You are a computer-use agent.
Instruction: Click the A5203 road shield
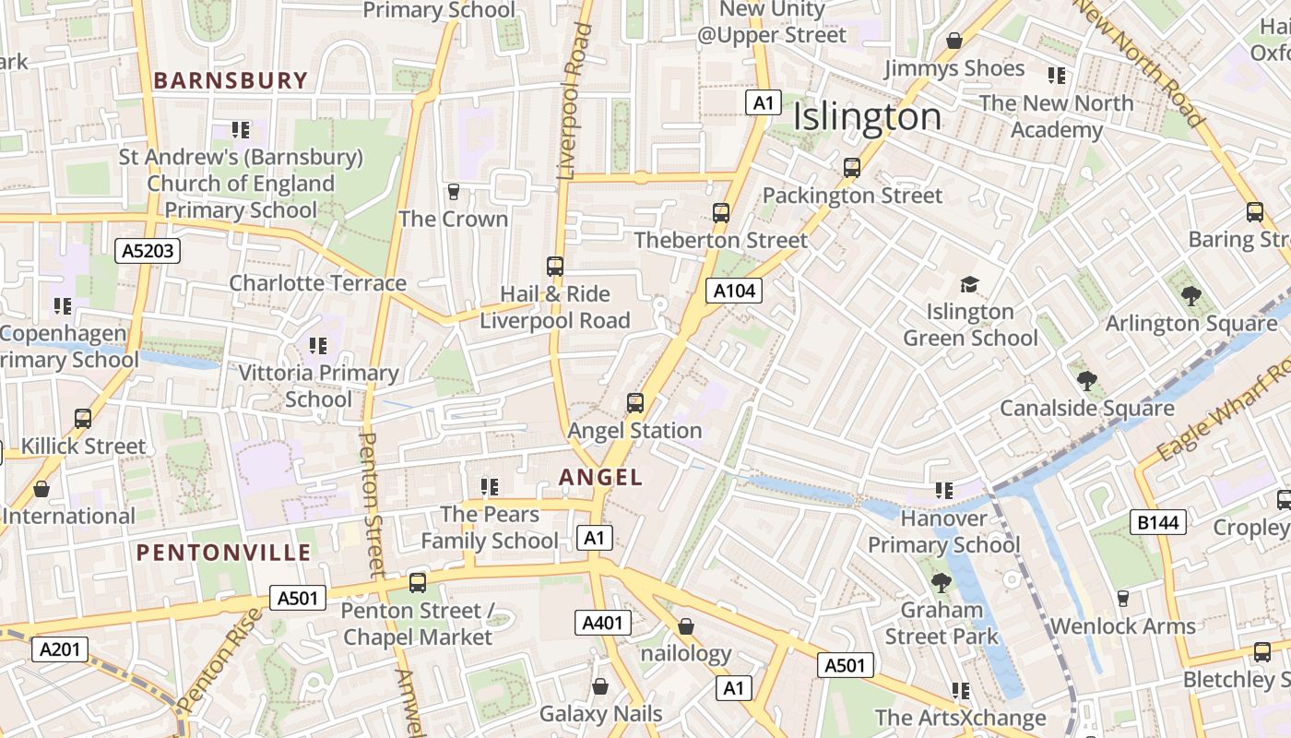[x=148, y=250]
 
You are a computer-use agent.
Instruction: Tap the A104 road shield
[x=735, y=292]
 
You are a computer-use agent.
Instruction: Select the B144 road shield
[x=1158, y=523]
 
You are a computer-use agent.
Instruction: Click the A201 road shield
[x=60, y=649]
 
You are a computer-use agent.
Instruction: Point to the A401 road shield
[x=603, y=623]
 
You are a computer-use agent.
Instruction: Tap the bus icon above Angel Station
[x=635, y=403]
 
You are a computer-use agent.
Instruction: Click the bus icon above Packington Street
[x=852, y=168]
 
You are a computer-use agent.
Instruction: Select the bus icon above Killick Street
[x=83, y=419]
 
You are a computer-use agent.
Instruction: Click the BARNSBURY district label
[x=230, y=80]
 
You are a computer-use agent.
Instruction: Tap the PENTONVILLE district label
[x=224, y=553]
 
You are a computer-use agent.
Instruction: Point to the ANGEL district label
[x=601, y=477]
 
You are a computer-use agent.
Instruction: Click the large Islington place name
[x=867, y=117]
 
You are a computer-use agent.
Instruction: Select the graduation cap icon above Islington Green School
[x=969, y=284]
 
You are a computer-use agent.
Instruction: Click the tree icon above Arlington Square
[x=1190, y=296]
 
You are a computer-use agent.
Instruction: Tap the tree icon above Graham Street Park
[x=942, y=582]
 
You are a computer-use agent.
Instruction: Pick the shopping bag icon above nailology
[x=685, y=627]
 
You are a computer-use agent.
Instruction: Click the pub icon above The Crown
[x=453, y=192]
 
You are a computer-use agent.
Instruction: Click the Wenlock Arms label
[x=1122, y=626]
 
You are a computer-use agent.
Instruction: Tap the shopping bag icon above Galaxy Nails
[x=600, y=686]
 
